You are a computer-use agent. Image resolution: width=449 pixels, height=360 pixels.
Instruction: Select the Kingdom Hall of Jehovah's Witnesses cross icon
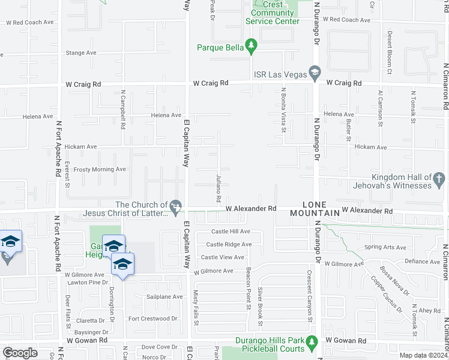[439, 178]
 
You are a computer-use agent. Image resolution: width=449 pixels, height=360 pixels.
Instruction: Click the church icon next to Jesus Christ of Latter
[176, 207]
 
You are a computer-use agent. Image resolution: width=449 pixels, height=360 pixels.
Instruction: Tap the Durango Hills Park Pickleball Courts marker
[312, 342]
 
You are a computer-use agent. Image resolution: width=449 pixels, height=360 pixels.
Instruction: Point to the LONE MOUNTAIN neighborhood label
[313, 208]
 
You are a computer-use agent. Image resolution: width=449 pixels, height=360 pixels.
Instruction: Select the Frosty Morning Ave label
[100, 169]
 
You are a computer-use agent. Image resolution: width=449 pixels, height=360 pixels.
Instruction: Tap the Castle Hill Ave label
[231, 232]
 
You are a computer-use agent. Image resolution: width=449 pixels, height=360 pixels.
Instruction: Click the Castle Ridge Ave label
[229, 244]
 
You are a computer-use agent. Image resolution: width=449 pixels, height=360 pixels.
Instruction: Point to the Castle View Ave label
[223, 257]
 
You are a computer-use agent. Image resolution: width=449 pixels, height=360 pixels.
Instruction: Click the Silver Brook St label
[261, 298]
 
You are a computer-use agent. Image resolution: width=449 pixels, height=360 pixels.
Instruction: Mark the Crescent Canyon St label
[311, 303]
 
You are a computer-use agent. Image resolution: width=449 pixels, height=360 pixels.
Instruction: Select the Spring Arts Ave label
[382, 247]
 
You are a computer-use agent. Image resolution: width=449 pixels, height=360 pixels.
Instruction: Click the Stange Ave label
[81, 53]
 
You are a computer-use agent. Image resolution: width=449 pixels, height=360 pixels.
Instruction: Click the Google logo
[20, 353]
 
